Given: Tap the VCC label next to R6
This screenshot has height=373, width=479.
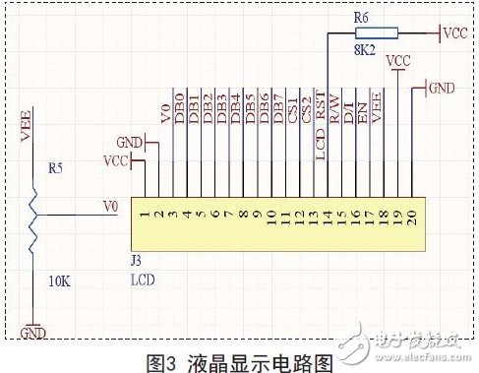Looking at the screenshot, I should [454, 33].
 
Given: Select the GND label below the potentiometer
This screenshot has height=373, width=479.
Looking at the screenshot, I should [33, 334].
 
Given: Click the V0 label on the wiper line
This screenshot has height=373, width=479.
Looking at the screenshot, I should [111, 207].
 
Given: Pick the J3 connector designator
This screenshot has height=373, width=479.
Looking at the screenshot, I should [136, 261].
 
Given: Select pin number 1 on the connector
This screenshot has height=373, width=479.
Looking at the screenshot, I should [145, 213].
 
